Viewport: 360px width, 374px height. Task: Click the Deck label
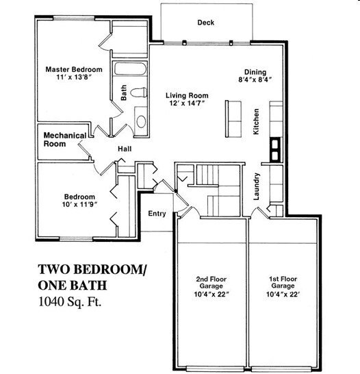pyautogui.click(x=206, y=23)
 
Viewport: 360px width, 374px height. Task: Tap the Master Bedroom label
pyautogui.click(x=74, y=69)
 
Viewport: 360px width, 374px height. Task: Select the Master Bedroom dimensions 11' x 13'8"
pyautogui.click(x=74, y=79)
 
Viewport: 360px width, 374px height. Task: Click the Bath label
pyautogui.click(x=124, y=92)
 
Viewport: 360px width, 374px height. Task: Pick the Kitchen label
pyautogui.click(x=256, y=121)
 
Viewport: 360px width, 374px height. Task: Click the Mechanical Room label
pyautogui.click(x=64, y=140)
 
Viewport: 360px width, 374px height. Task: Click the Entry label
pyautogui.click(x=157, y=214)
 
